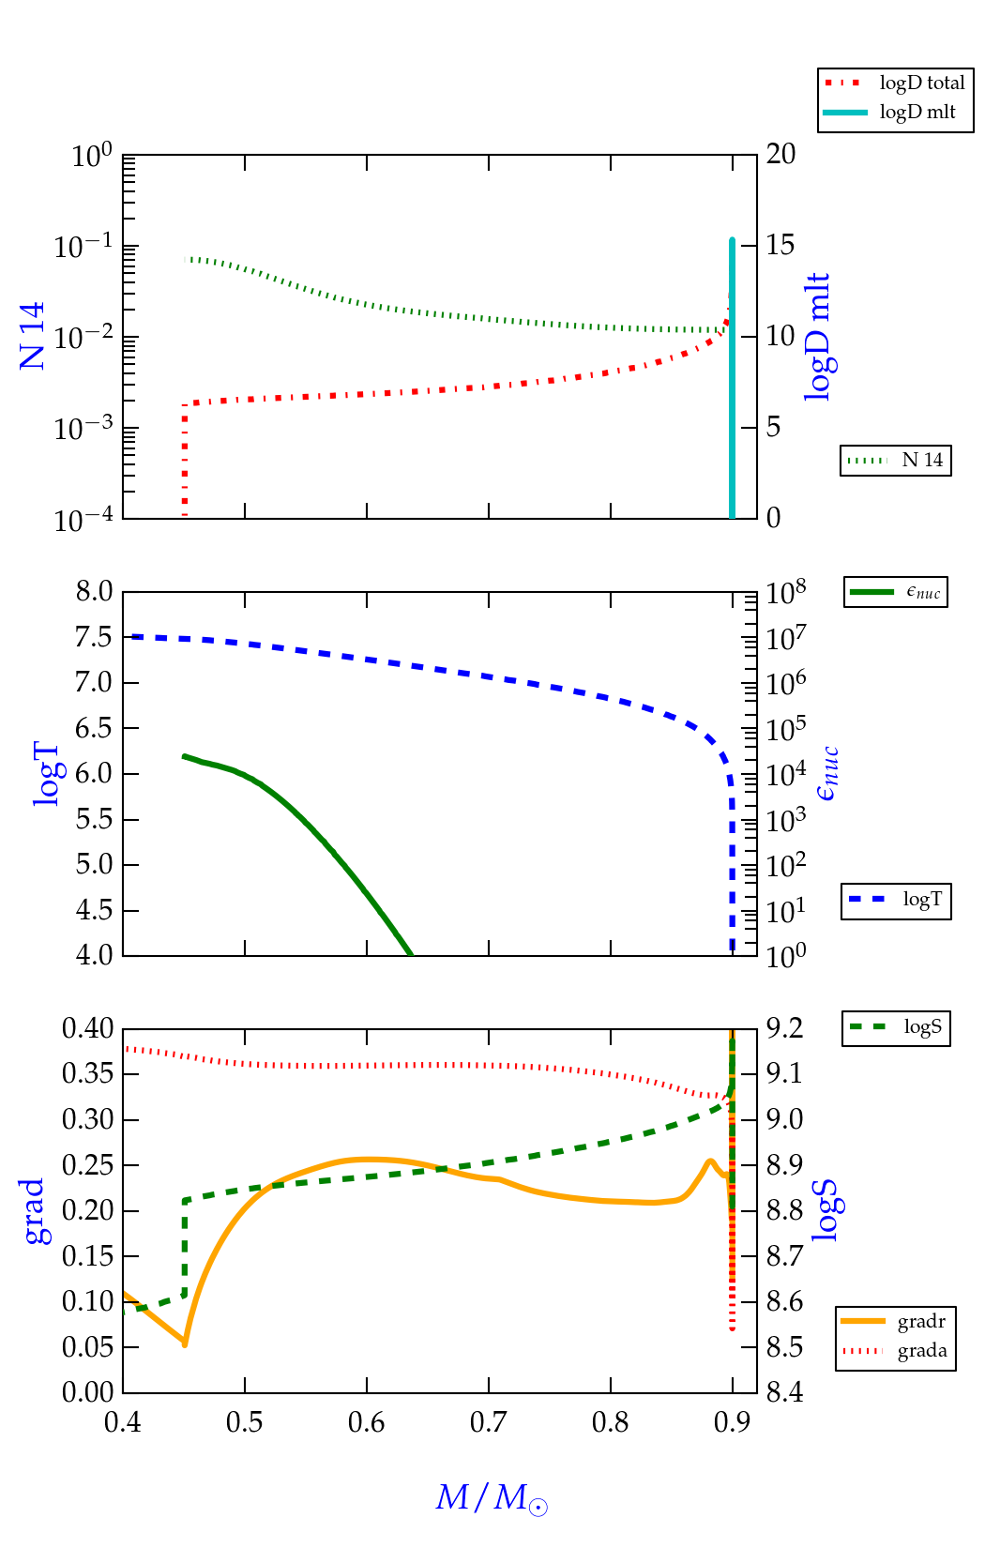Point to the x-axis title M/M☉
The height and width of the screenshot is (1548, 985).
[x=491, y=1497]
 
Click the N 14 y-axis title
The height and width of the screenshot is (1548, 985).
[x=32, y=335]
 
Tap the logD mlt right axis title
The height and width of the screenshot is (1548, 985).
[x=819, y=337]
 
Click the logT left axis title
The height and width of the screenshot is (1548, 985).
[x=46, y=774]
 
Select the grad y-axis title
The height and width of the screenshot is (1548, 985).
[x=34, y=1211]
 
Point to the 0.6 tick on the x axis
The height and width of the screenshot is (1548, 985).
[x=367, y=1423]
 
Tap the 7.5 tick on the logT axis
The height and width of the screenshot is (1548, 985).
[x=94, y=637]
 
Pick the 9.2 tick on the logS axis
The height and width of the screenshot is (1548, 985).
[x=784, y=1028]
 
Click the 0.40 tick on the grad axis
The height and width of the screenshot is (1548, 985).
[x=87, y=1028]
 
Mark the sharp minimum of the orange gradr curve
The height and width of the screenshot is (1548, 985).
[x=185, y=1344]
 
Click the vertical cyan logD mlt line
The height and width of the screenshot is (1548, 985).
[x=732, y=375]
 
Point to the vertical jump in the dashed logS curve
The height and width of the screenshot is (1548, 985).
[x=185, y=1248]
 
